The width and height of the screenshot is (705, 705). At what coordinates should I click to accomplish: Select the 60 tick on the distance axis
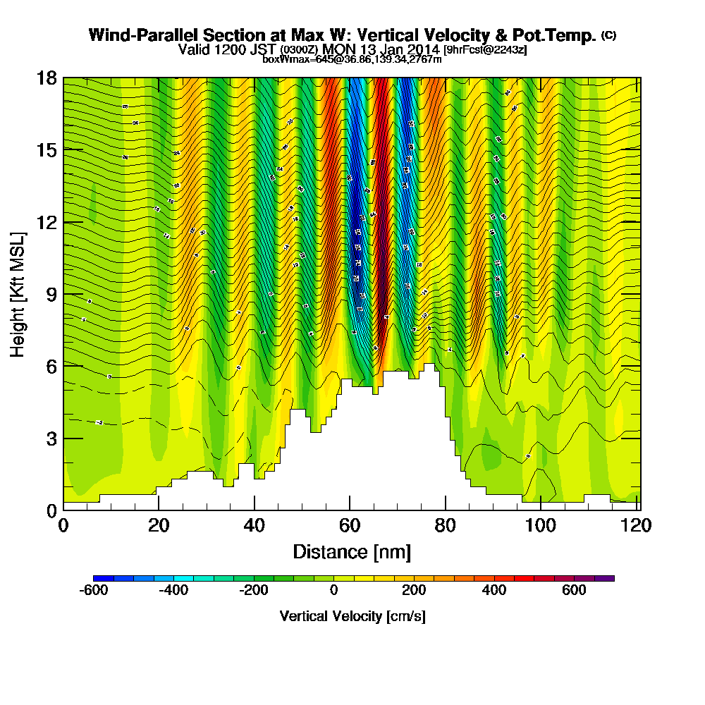(x=350, y=526)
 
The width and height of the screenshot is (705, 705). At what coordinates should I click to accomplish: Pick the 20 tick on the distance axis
(x=159, y=526)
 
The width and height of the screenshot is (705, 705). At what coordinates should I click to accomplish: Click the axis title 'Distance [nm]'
(x=352, y=551)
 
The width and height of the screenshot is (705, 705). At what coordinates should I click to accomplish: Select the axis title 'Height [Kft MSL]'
(x=18, y=293)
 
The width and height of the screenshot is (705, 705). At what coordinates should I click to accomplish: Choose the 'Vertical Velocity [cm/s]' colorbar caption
(x=352, y=616)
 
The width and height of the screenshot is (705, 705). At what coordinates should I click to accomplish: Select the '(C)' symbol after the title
(x=608, y=35)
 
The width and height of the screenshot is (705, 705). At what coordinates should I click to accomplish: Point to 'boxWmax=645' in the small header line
(x=291, y=59)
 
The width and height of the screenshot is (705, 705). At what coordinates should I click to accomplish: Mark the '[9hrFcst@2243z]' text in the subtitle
(x=485, y=49)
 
